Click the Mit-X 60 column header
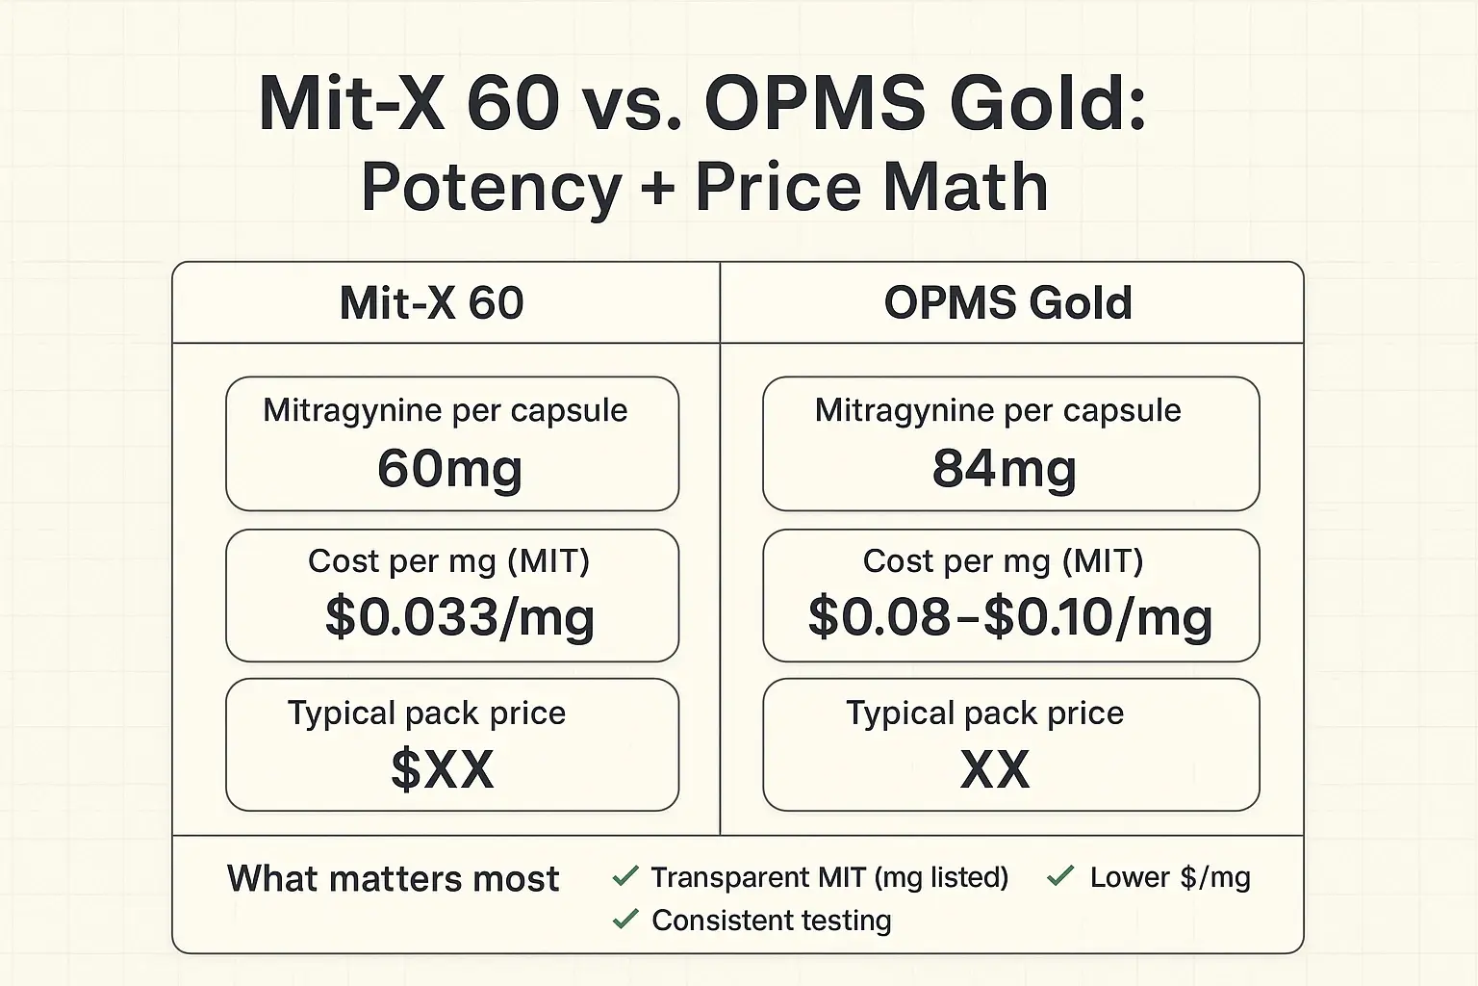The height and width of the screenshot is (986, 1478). (x=431, y=302)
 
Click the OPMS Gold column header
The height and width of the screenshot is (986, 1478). (x=1007, y=302)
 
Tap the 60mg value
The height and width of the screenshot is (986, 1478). (x=449, y=469)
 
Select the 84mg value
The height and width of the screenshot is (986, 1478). (x=1004, y=469)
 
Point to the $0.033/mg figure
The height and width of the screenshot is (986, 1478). (x=459, y=617)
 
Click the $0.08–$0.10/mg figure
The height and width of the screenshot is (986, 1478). (x=1009, y=617)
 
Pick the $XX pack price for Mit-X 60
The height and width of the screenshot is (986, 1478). (x=442, y=769)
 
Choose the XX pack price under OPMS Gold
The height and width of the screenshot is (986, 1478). (x=995, y=769)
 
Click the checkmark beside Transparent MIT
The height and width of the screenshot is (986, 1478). (x=625, y=876)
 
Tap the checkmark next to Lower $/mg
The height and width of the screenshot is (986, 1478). (x=1060, y=876)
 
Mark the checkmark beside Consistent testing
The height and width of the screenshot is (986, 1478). (x=625, y=920)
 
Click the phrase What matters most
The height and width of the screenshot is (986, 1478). (x=393, y=878)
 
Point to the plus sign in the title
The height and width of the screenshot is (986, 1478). (x=657, y=189)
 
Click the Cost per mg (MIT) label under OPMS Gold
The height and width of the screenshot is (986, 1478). (x=1003, y=560)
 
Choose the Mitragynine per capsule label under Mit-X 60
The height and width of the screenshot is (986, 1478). (x=445, y=410)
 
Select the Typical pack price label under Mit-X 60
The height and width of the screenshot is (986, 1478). (x=426, y=713)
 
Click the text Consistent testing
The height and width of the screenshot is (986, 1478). (x=771, y=921)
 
